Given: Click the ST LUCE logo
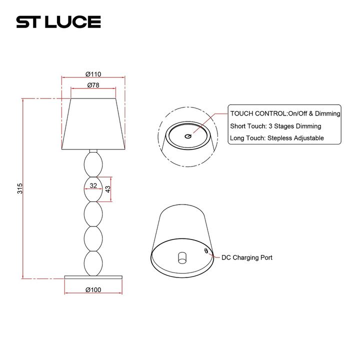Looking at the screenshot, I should (x=58, y=22).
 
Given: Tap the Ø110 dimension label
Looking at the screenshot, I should (x=93, y=73).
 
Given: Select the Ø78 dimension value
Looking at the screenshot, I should (x=93, y=85).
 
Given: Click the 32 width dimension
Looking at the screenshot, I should (x=93, y=185).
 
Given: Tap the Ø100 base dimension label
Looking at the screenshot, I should (x=93, y=290).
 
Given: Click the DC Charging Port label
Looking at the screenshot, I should (x=247, y=257).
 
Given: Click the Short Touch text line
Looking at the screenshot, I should (x=275, y=126).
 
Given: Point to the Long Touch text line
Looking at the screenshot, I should (x=277, y=138).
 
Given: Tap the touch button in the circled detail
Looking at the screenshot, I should (x=188, y=136).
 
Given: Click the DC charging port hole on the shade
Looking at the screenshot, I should (x=205, y=249).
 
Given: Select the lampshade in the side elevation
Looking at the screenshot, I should (x=93, y=124).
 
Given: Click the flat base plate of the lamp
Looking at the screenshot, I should (x=93, y=276).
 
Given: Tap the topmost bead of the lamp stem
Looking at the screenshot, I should (x=93, y=163).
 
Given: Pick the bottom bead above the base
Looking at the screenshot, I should (x=93, y=262).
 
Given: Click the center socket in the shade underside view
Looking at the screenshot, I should (x=182, y=258).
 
